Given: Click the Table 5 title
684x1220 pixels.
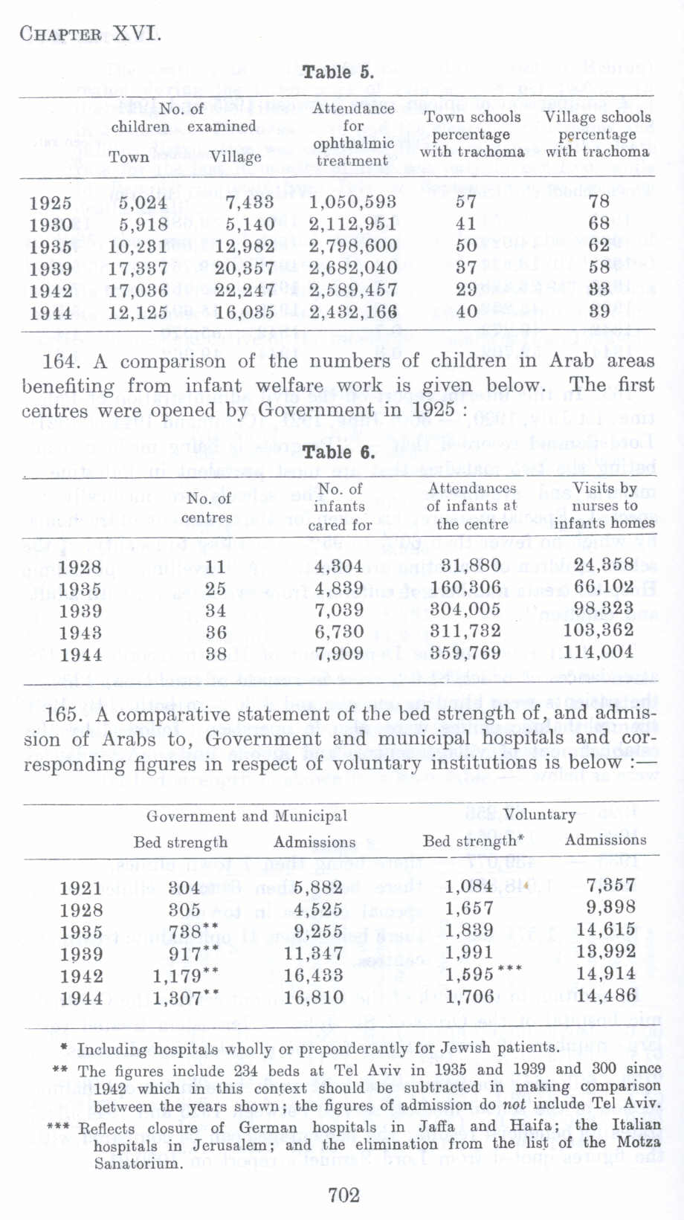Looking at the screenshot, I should pos(338,72).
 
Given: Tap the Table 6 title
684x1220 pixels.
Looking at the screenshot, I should pos(338,452).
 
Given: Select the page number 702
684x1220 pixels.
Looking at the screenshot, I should pos(343,1194).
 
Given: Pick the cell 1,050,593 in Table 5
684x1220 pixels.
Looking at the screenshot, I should pos(352,201).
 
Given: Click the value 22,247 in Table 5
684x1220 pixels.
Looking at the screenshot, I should pos(245,290).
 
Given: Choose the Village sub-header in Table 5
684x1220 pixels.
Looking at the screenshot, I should pos(235,157).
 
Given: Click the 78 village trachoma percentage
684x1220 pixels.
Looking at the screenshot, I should pos(598,201).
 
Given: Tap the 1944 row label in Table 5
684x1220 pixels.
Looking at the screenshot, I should pos(51,312).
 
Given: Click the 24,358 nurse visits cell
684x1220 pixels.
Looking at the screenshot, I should pos(604,564).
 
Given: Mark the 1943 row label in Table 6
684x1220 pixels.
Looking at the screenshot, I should pos(80,632).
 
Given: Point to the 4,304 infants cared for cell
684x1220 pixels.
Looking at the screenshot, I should pos(339,564).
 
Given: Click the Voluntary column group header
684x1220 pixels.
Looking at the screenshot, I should pos(539,814).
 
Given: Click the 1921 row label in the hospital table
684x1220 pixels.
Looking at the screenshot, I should pos(80,887).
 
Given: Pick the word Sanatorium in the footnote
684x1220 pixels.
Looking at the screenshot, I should pos(138,1163).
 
